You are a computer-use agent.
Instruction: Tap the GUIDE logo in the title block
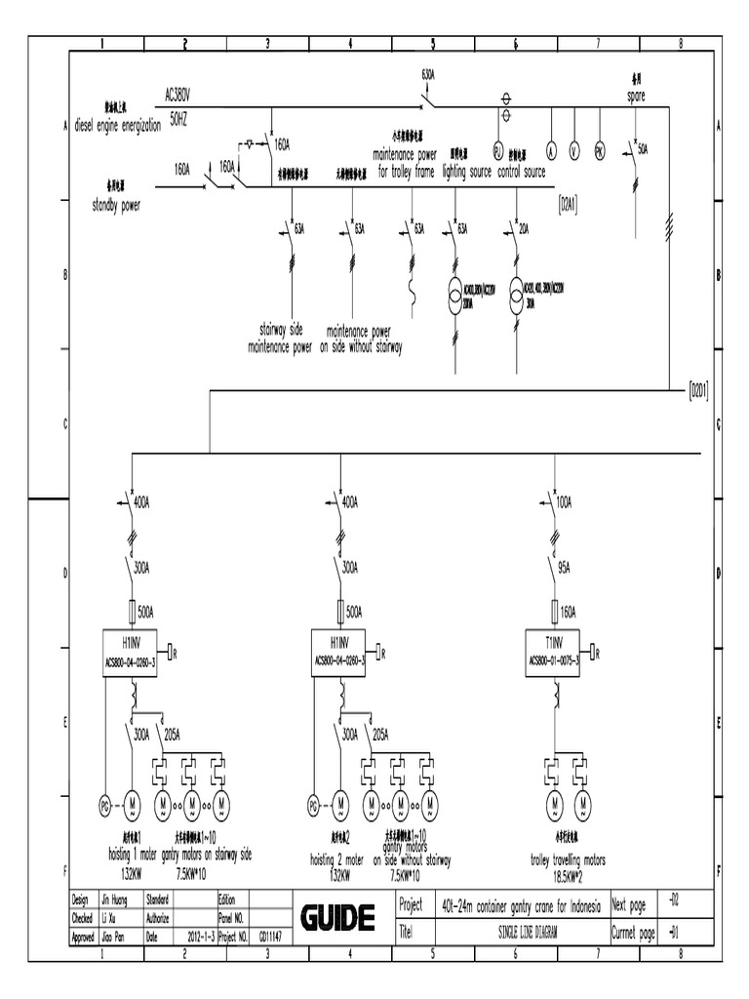coord(337,918)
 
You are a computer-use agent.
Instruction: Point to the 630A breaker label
coord(428,74)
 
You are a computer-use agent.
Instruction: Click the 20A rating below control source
coord(524,228)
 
